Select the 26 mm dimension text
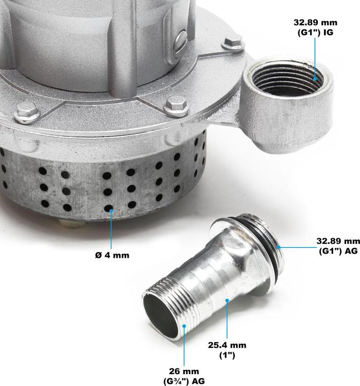(185, 370)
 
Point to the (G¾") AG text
(184, 381)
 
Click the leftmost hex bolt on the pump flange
(27, 113)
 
